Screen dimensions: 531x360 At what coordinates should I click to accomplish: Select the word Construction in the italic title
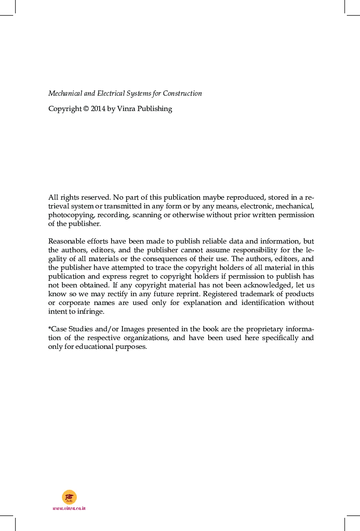pyautogui.click(x=183, y=93)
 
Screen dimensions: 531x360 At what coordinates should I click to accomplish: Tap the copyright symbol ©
pyautogui.click(x=86, y=109)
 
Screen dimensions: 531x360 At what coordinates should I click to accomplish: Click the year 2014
pyautogui.click(x=98, y=109)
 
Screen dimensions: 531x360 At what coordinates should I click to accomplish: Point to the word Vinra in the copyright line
pyautogui.click(x=126, y=109)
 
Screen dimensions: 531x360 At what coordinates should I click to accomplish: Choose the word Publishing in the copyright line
pyautogui.click(x=155, y=109)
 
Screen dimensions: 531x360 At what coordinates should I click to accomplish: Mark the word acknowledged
pyautogui.click(x=264, y=285)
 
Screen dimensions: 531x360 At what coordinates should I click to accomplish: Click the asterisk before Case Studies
pyautogui.click(x=50, y=328)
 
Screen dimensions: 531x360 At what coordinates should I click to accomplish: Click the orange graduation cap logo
pyautogui.click(x=69, y=497)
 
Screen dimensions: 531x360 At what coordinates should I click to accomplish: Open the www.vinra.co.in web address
pyautogui.click(x=69, y=508)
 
